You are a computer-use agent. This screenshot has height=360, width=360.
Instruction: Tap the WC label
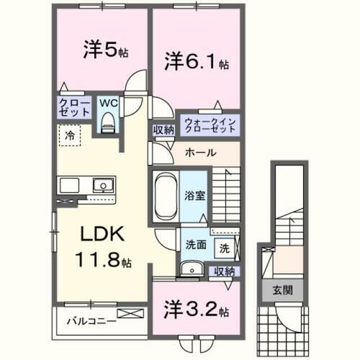click(x=108, y=103)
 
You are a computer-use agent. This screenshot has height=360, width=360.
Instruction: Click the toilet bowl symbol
click(x=109, y=123)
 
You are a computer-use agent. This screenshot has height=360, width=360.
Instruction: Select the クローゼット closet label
click(x=75, y=109)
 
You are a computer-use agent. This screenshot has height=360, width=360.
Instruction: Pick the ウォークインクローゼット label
click(x=209, y=125)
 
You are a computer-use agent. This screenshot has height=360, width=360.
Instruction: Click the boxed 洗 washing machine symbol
click(x=225, y=248)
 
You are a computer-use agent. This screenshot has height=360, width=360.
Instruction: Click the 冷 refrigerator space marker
click(x=70, y=135)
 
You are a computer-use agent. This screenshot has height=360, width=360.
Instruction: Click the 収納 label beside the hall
click(x=163, y=130)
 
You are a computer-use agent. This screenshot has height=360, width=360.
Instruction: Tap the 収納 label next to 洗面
click(x=225, y=271)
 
